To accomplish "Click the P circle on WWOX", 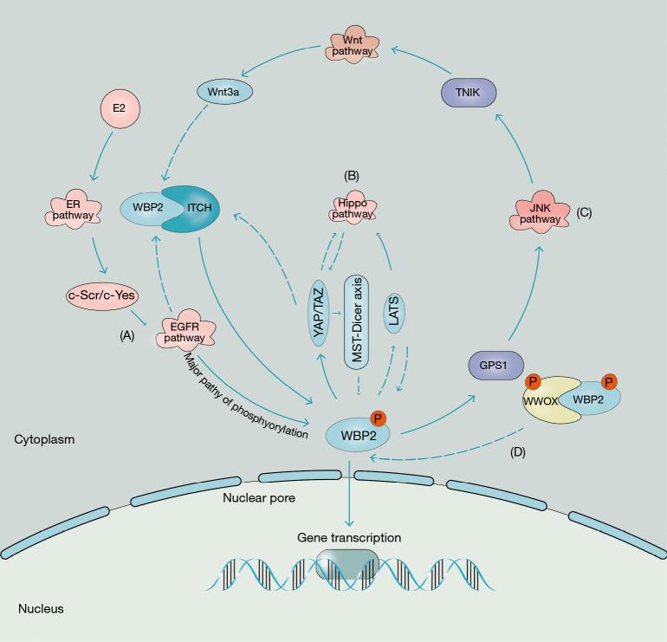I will click(x=534, y=382).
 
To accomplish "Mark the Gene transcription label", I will click(x=349, y=538).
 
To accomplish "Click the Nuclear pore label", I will click(x=259, y=498).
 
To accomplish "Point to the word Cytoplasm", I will click(x=44, y=440).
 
